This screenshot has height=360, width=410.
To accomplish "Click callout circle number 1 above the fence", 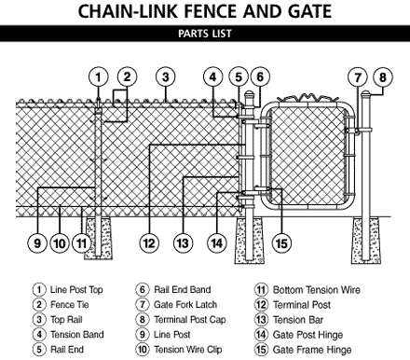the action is click(x=99, y=76).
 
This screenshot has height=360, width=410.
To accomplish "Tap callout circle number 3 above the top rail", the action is click(x=166, y=76).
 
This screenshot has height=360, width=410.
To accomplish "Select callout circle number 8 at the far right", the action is click(x=383, y=77).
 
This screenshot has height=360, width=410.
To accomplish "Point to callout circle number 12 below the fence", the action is click(x=149, y=242).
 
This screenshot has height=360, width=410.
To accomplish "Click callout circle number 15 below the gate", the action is click(x=281, y=242).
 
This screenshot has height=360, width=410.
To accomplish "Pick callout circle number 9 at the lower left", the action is click(x=37, y=242).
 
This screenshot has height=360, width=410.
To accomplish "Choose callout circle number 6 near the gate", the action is click(x=260, y=76).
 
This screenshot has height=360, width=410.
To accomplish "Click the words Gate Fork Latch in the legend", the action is click(x=185, y=305).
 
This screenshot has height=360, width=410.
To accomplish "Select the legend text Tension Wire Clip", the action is click(x=188, y=350).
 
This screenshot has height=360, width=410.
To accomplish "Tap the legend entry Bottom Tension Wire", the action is click(x=317, y=290).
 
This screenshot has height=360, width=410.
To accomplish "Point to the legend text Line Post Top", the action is click(x=76, y=290).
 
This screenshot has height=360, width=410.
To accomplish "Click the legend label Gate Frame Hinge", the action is click(x=312, y=350).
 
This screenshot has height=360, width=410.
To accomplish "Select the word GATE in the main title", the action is click(x=309, y=11).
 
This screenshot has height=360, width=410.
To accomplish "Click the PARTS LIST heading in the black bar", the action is click(x=205, y=34).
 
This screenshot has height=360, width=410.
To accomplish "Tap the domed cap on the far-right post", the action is click(x=366, y=93).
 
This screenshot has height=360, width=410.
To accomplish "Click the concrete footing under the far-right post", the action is click(x=366, y=241).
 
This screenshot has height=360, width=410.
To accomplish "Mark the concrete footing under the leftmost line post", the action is click(x=99, y=238).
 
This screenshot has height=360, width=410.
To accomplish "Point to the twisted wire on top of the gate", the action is click(x=307, y=98).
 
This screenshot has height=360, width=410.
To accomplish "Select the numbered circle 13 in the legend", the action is click(x=261, y=320).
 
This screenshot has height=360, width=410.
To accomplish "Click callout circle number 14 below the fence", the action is click(x=217, y=242).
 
